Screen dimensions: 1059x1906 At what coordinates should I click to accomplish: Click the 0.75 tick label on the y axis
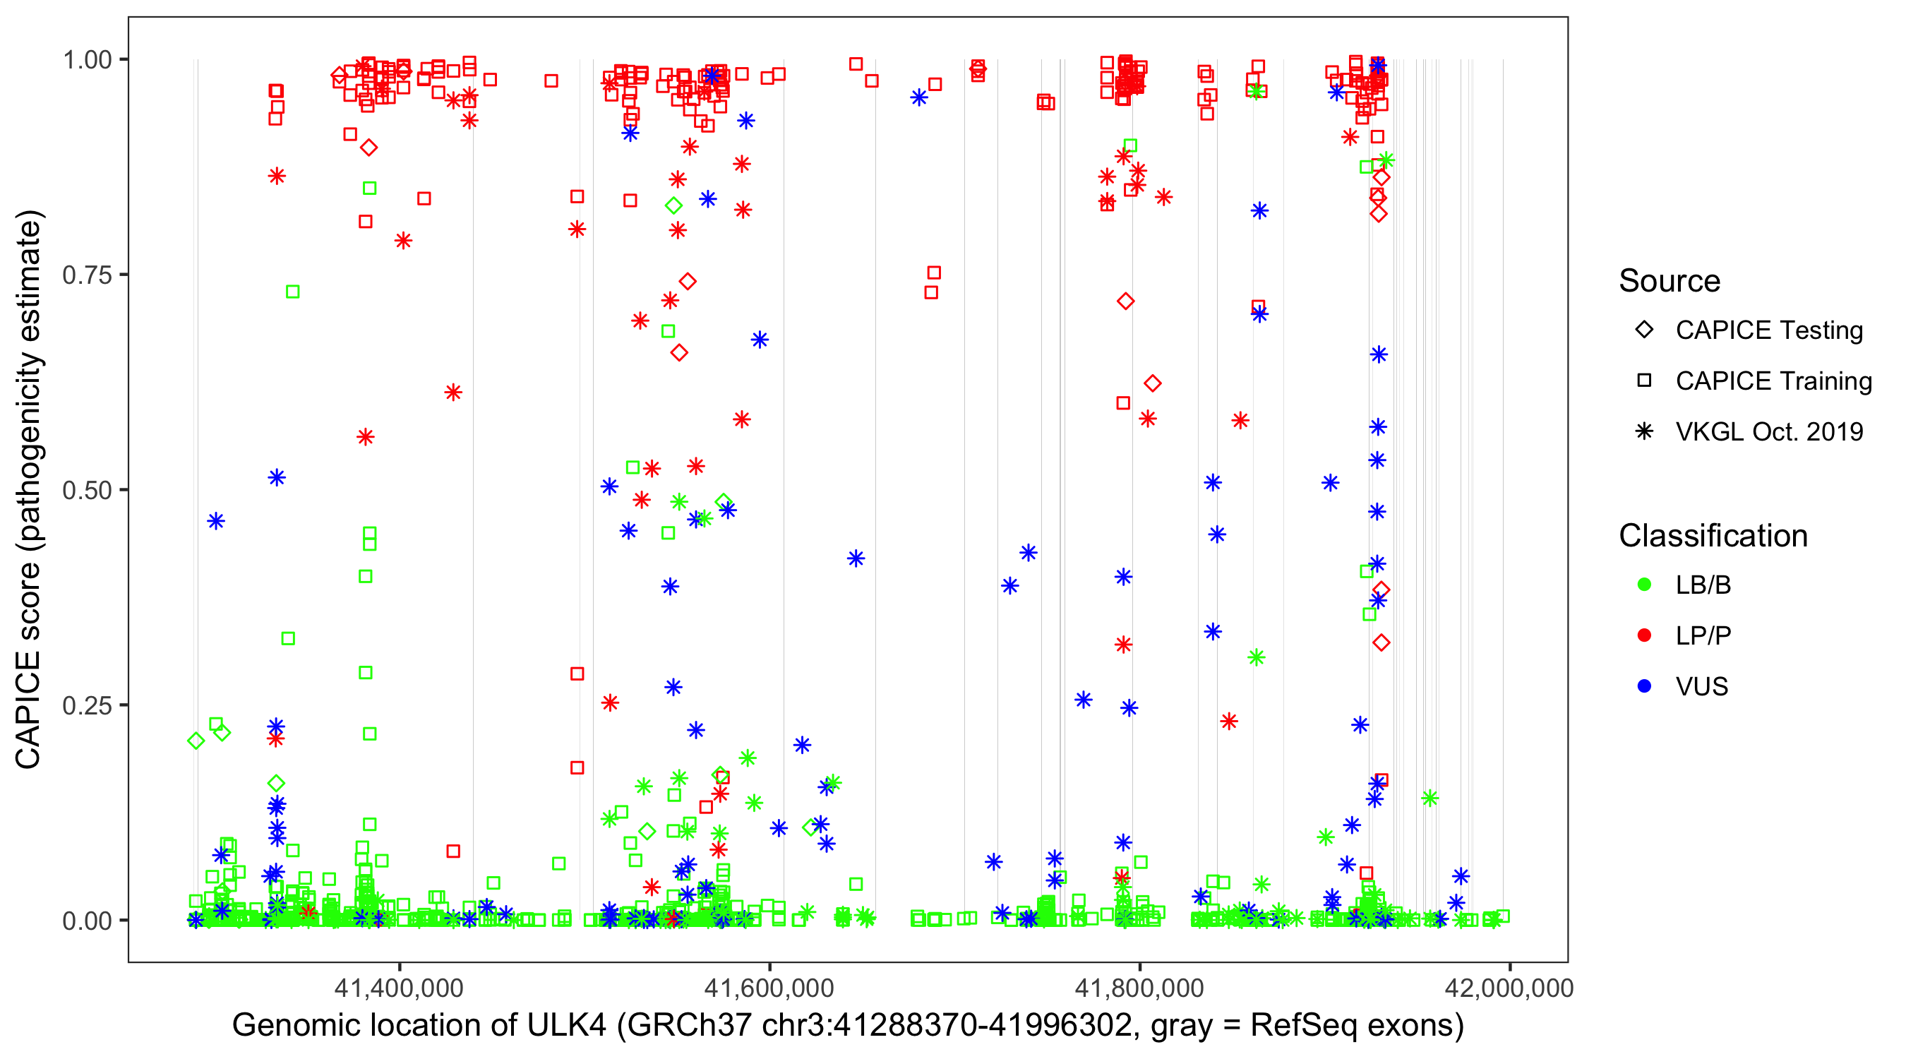(87, 275)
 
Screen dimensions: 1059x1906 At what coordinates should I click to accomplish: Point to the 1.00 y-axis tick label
(87, 60)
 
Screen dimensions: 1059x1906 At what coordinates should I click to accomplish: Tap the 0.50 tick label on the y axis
(87, 491)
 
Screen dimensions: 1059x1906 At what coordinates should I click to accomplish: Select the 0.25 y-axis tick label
(87, 705)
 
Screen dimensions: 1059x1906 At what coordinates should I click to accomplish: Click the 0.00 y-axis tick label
(87, 921)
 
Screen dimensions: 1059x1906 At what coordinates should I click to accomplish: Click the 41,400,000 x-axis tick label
(399, 988)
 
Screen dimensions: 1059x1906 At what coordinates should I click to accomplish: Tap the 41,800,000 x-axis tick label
(1139, 988)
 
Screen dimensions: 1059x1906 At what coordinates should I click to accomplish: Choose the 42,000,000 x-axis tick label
(1509, 988)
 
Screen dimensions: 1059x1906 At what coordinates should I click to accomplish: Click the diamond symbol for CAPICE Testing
(1644, 330)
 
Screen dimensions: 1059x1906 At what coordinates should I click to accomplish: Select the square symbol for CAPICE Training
(1644, 381)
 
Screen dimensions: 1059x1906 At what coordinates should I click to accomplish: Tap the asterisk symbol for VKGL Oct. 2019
(1644, 431)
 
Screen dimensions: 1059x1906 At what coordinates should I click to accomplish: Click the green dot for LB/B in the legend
(1644, 585)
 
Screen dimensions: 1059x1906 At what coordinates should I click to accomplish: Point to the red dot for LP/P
(1644, 635)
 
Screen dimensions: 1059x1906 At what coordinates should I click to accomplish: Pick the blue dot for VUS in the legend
(1644, 686)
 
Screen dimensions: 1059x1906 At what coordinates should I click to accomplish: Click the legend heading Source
(1670, 281)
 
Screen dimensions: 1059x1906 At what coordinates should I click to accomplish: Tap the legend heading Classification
(1713, 536)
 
